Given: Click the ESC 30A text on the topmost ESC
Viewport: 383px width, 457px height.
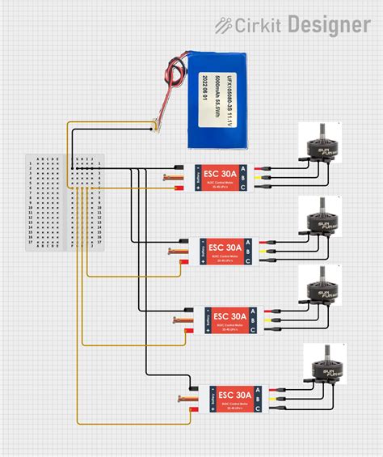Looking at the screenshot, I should point(222,173).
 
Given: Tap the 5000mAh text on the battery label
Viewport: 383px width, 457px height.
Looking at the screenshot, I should point(208,99).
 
